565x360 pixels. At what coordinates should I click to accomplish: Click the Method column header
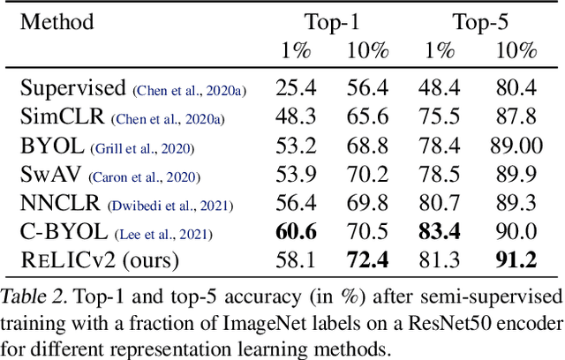tap(58, 21)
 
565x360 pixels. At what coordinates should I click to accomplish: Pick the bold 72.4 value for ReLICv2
tap(367, 262)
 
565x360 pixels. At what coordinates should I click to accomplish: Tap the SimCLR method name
tap(62, 116)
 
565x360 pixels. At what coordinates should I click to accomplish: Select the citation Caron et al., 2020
tap(146, 176)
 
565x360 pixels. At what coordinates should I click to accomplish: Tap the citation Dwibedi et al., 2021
tap(170, 206)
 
